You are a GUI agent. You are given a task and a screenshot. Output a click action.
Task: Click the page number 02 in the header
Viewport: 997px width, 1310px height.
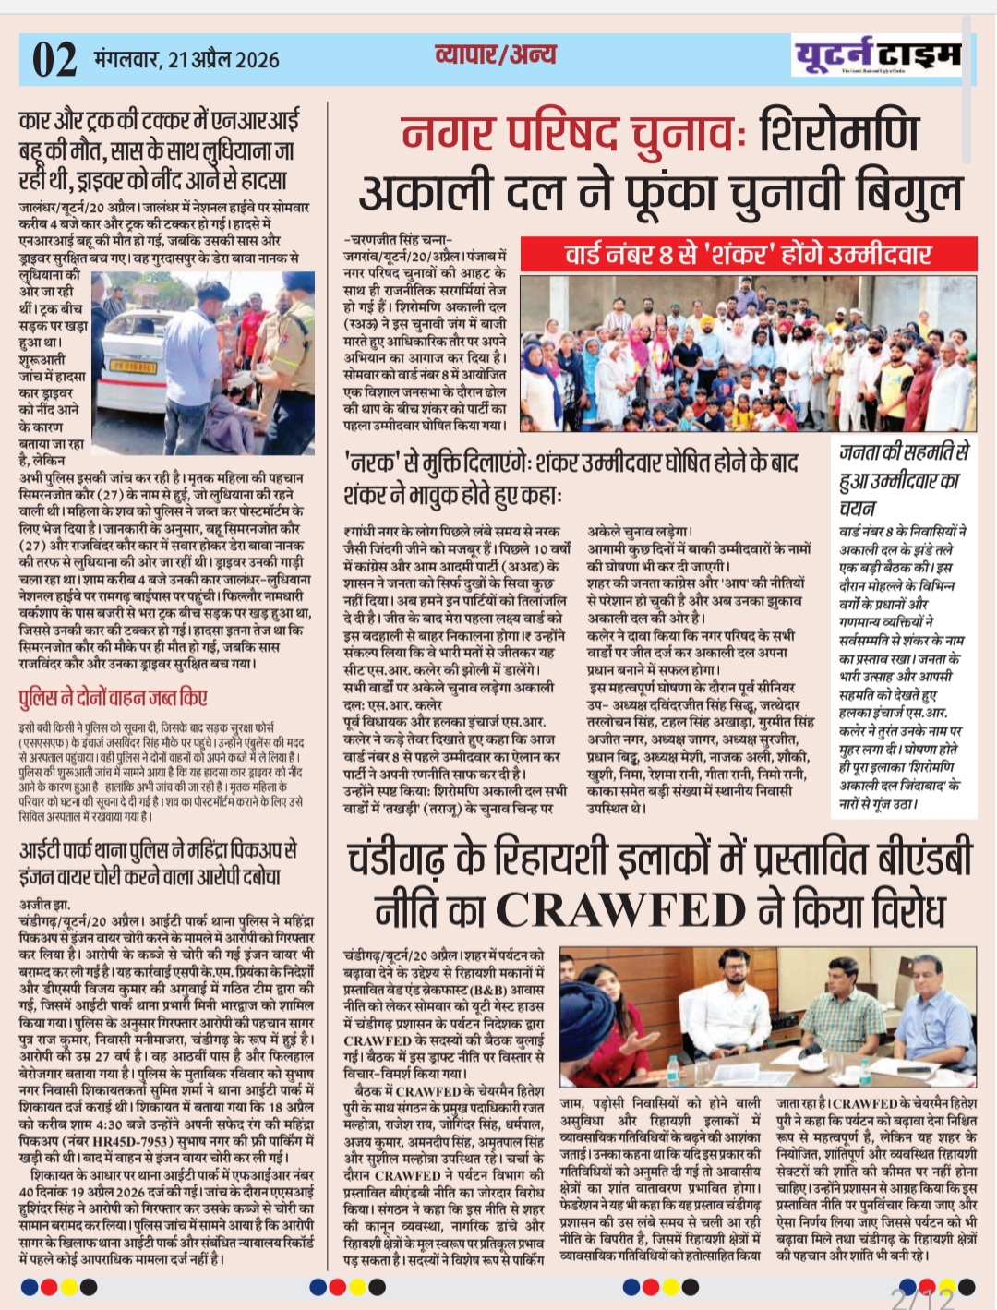(54, 60)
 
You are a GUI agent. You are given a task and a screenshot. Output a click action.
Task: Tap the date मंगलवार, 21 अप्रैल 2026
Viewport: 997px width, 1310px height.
(186, 60)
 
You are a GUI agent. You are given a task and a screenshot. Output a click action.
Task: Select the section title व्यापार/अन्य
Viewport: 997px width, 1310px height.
(495, 54)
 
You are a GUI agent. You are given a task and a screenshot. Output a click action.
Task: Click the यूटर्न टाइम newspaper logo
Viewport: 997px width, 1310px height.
(876, 56)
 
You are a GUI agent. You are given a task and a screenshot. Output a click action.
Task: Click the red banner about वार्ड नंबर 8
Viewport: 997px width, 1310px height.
(748, 255)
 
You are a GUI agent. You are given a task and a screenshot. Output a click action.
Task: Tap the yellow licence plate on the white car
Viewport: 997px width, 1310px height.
(134, 367)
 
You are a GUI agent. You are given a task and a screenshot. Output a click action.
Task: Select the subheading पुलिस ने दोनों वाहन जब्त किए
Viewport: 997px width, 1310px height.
(114, 698)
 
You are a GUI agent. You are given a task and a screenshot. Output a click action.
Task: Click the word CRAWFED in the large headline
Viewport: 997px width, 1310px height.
(621, 910)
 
